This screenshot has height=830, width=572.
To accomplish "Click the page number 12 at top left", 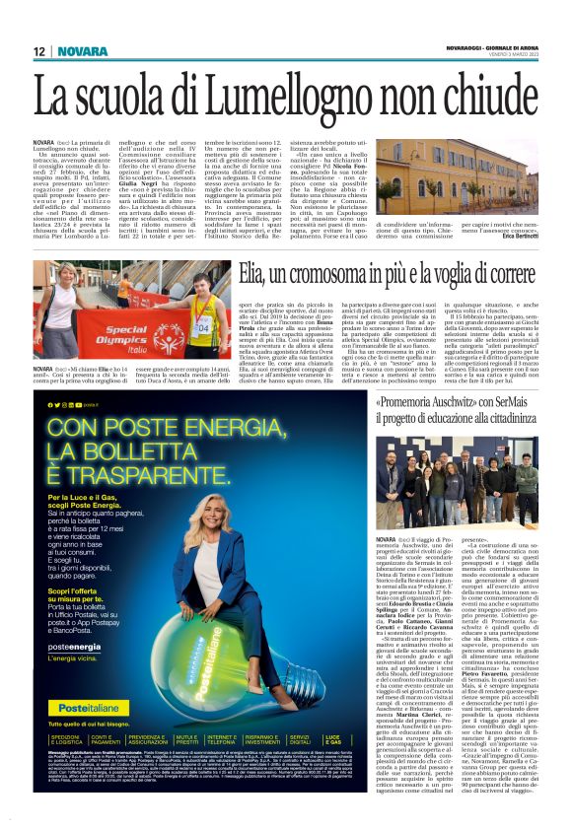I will (38, 51).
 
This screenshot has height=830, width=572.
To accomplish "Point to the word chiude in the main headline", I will (482, 100).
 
